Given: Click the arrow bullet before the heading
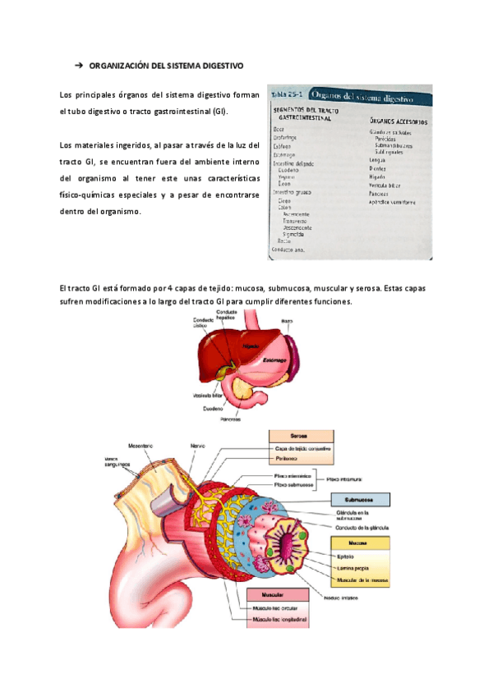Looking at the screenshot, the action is click(x=79, y=64).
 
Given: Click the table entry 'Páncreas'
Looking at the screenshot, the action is click(x=380, y=194).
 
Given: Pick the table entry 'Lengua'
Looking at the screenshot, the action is click(x=378, y=159).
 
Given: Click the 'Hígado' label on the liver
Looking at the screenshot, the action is click(x=250, y=346).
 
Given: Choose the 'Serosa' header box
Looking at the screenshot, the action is click(x=299, y=437).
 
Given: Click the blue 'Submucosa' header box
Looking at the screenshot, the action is click(x=360, y=499).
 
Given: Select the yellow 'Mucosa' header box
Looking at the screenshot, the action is click(x=358, y=543).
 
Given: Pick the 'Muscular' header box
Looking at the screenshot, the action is click(x=274, y=593).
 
